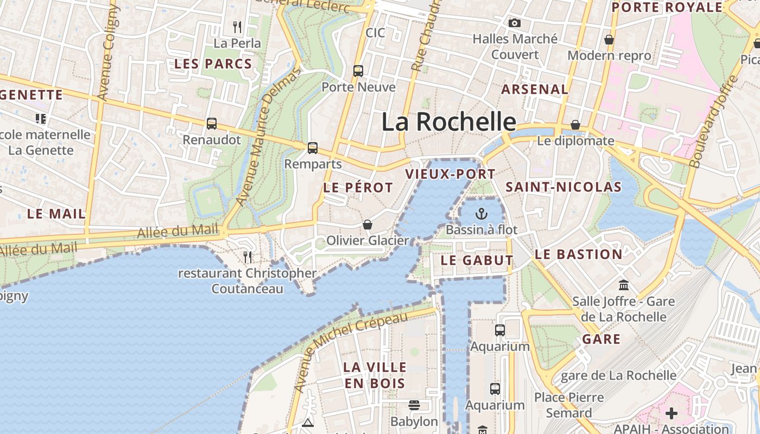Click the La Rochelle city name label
pos(448,122)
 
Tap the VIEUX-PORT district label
pos(450,174)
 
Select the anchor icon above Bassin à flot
pos(481,213)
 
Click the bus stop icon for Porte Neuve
pos(358,71)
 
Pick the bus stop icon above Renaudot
pos(212,124)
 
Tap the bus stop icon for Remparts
pos(313,148)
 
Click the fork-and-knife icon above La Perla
pos(237,27)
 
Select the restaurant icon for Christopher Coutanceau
pos(248,257)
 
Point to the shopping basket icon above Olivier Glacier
pos(368,224)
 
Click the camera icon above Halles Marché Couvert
pos(514,23)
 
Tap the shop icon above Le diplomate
pos(575,125)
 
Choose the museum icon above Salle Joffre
pos(624,285)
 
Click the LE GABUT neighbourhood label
pos(477,260)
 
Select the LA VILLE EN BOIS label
pos(374,375)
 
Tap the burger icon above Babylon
pos(414,405)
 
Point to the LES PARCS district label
pos(213,64)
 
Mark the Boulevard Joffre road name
pos(713,121)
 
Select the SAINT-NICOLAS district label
pos(563,187)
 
